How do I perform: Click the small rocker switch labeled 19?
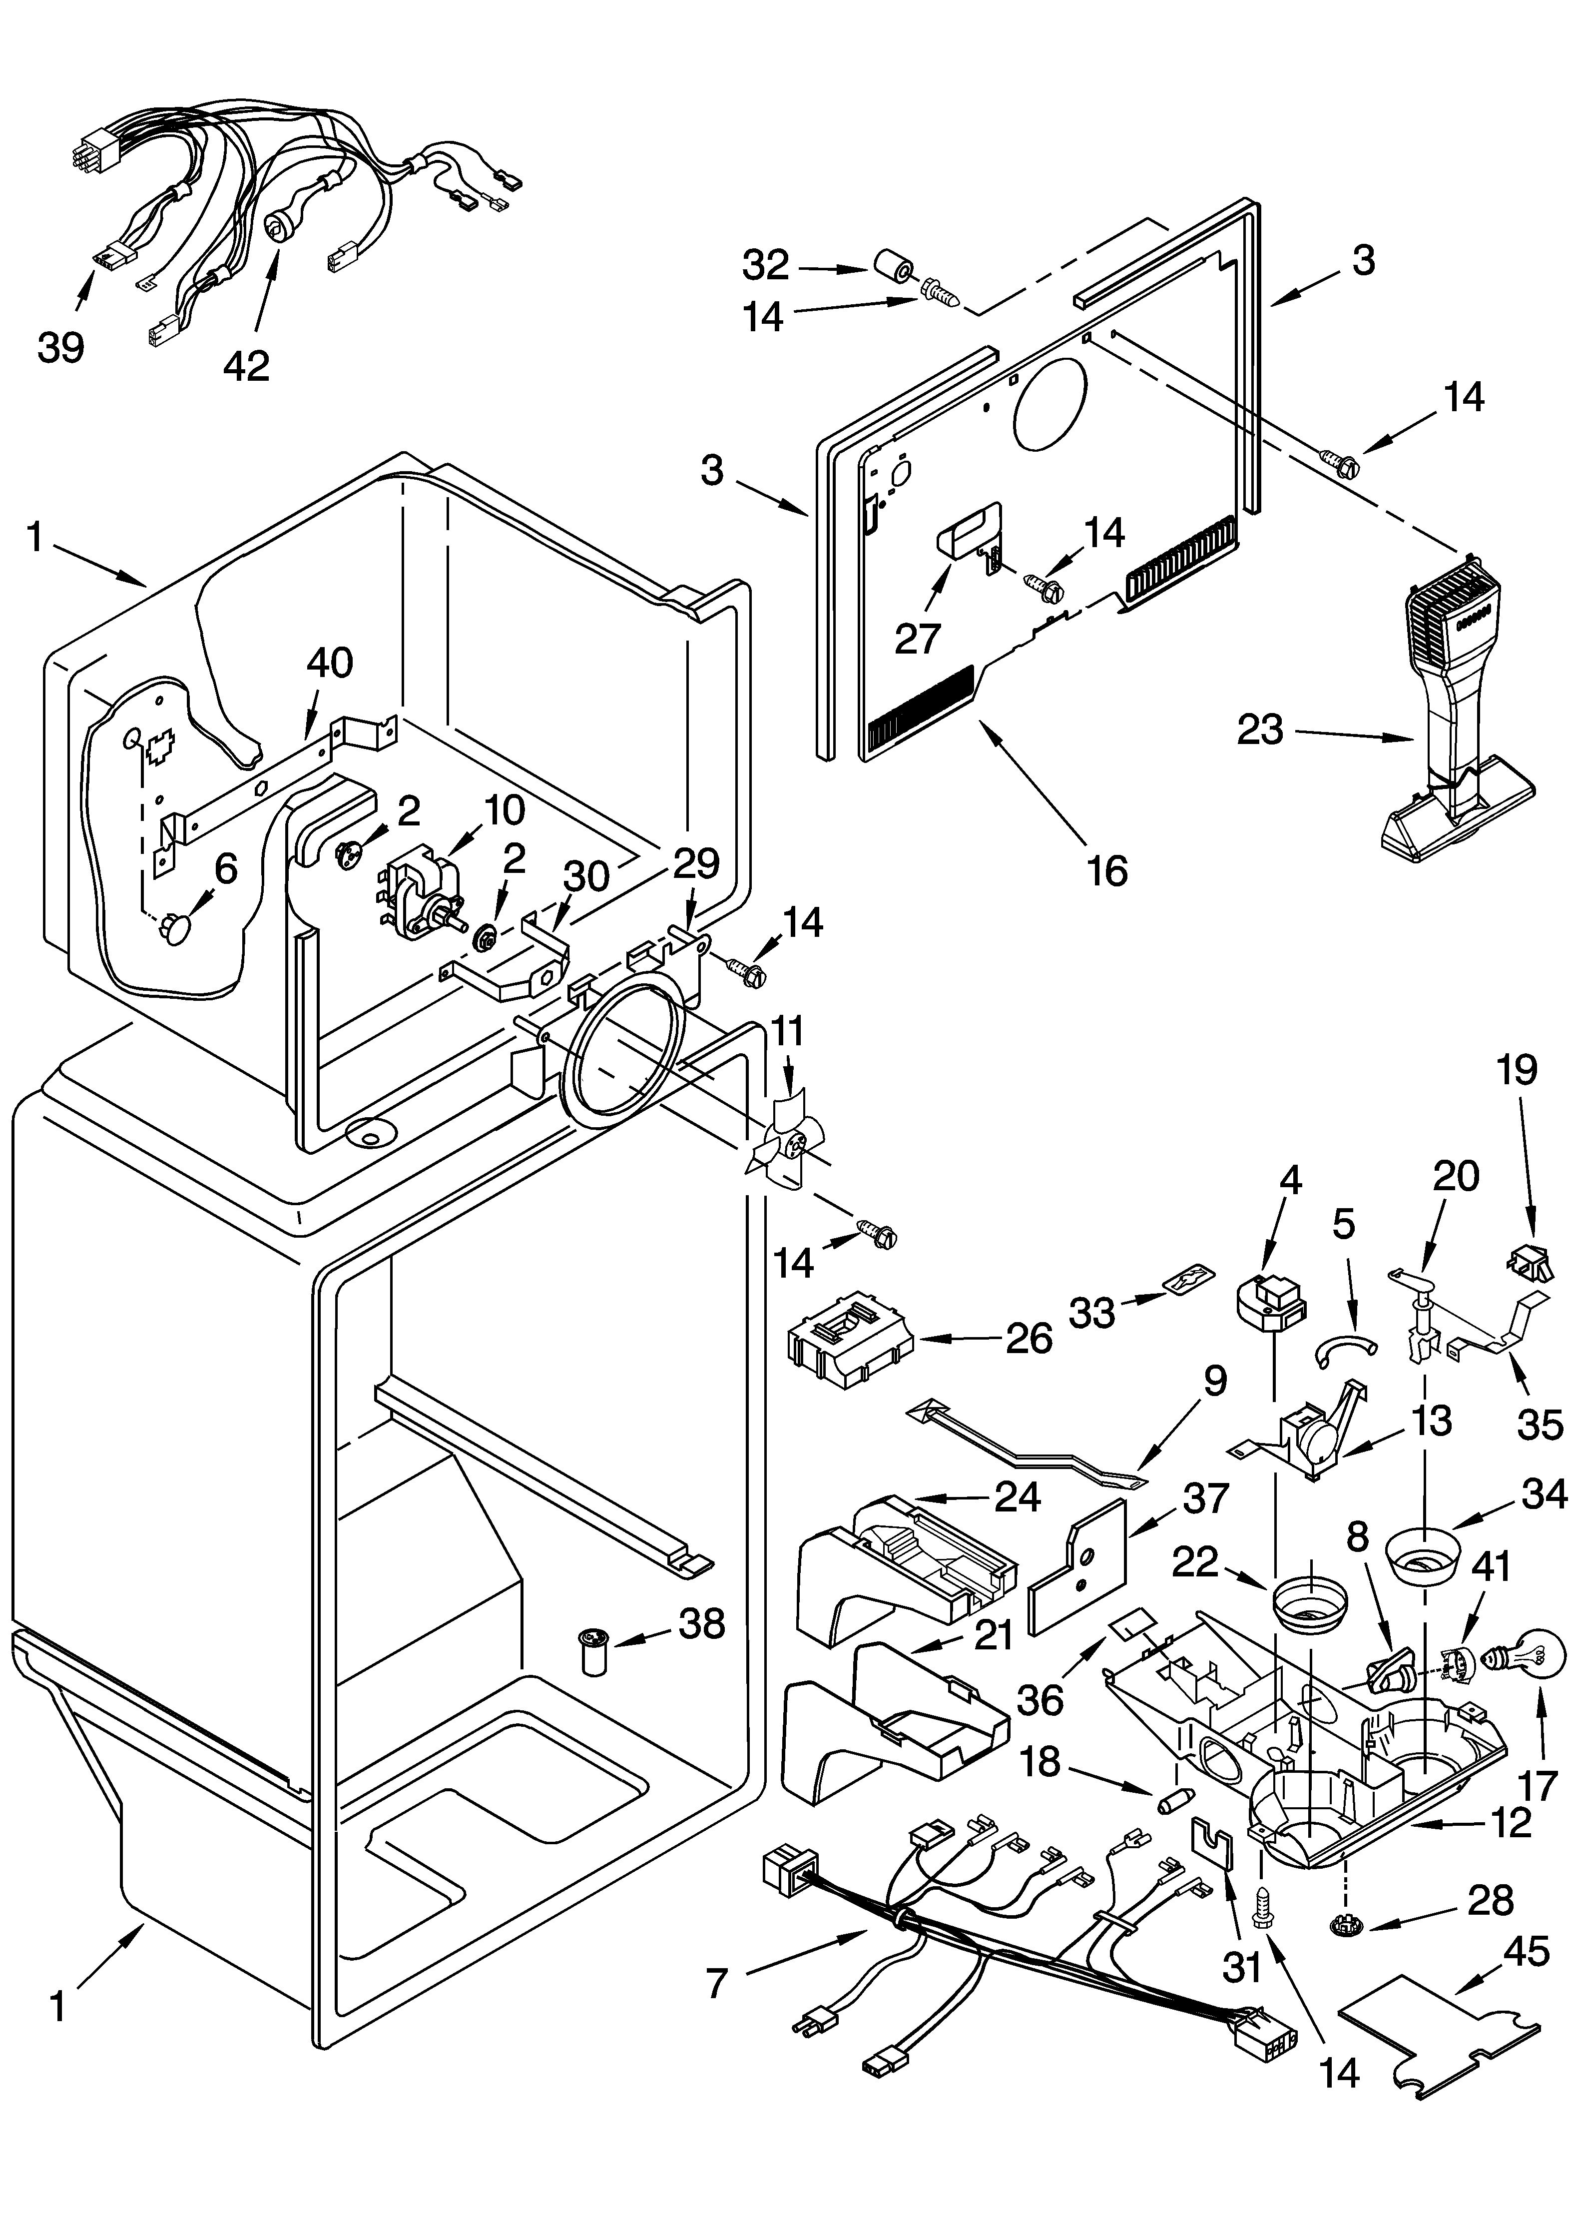tap(1532, 1259)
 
